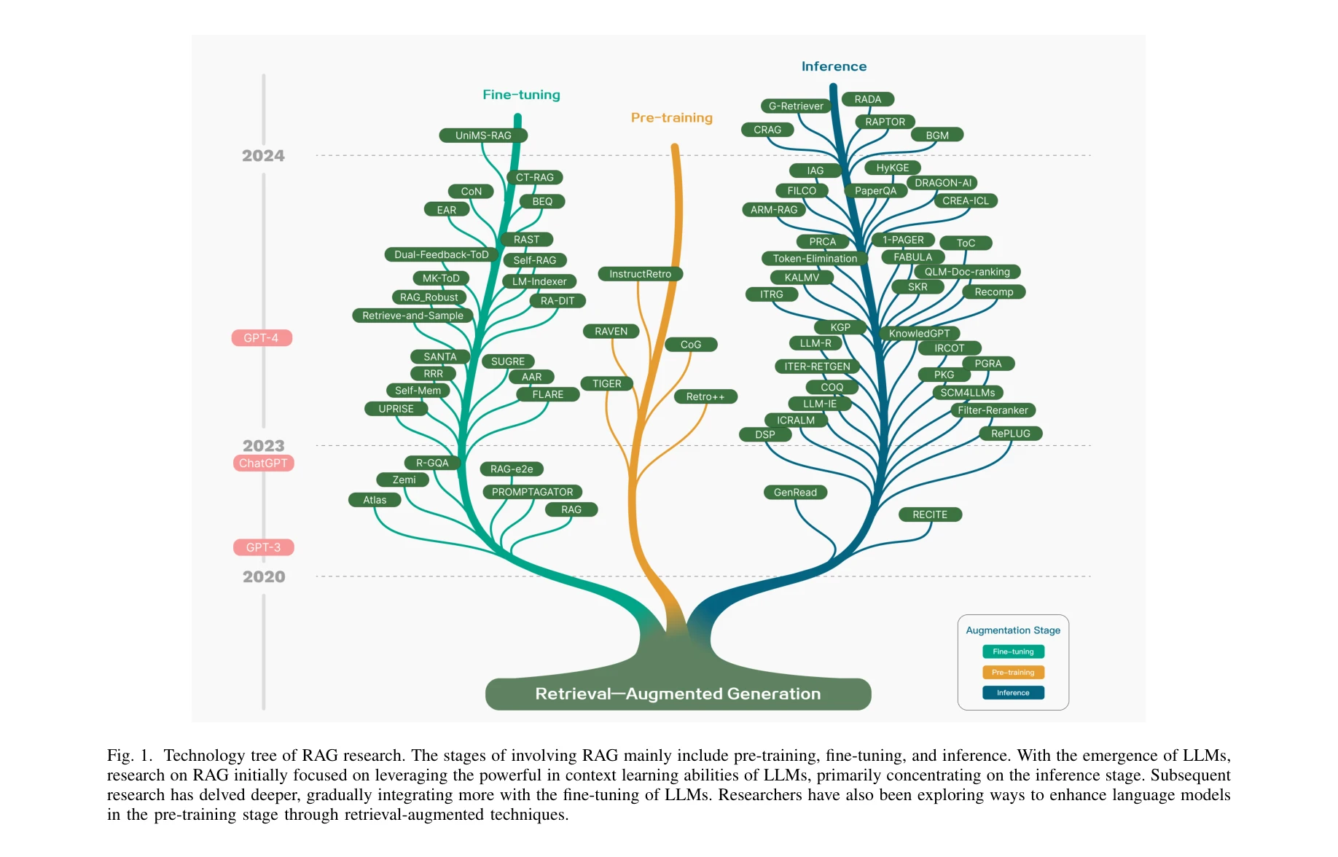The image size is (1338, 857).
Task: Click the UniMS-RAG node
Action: [483, 136]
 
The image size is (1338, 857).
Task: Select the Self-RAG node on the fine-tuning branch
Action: [535, 260]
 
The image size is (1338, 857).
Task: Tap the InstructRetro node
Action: [640, 274]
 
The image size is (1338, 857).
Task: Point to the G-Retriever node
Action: [796, 106]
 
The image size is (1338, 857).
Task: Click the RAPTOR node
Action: [885, 122]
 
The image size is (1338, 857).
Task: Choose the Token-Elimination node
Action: [815, 259]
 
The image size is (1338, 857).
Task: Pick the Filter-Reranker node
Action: [993, 410]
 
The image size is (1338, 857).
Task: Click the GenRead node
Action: [795, 493]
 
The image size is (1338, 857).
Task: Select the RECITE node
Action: [930, 514]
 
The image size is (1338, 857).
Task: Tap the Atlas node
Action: [375, 500]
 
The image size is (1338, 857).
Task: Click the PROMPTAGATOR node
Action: [532, 492]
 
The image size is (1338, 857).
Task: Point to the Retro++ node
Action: [705, 397]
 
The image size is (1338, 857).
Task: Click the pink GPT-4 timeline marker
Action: [261, 338]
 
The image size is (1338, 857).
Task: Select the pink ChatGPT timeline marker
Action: [263, 463]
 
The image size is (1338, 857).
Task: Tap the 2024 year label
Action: [263, 156]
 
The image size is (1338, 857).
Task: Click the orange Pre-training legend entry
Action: [1013, 673]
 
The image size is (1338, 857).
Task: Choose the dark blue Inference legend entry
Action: [1013, 693]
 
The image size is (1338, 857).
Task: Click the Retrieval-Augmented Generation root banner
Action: [678, 694]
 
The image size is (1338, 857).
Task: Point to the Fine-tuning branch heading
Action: [521, 95]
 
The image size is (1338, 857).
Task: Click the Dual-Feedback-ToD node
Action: [441, 255]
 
